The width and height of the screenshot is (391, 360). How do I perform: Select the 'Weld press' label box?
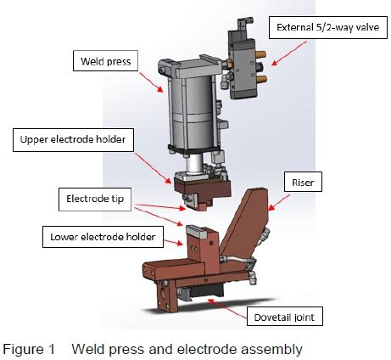[105, 61]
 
